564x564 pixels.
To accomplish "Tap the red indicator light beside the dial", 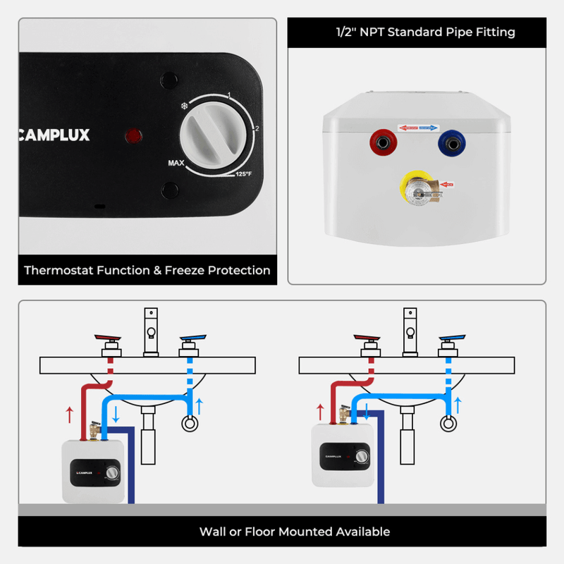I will tap(131, 134).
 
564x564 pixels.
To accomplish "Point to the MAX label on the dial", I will tap(176, 164).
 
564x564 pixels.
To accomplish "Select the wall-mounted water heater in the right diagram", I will tap(341, 455).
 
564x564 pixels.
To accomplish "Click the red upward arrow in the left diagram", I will tap(68, 414).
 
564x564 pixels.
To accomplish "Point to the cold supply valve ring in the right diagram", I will tap(447, 424).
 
